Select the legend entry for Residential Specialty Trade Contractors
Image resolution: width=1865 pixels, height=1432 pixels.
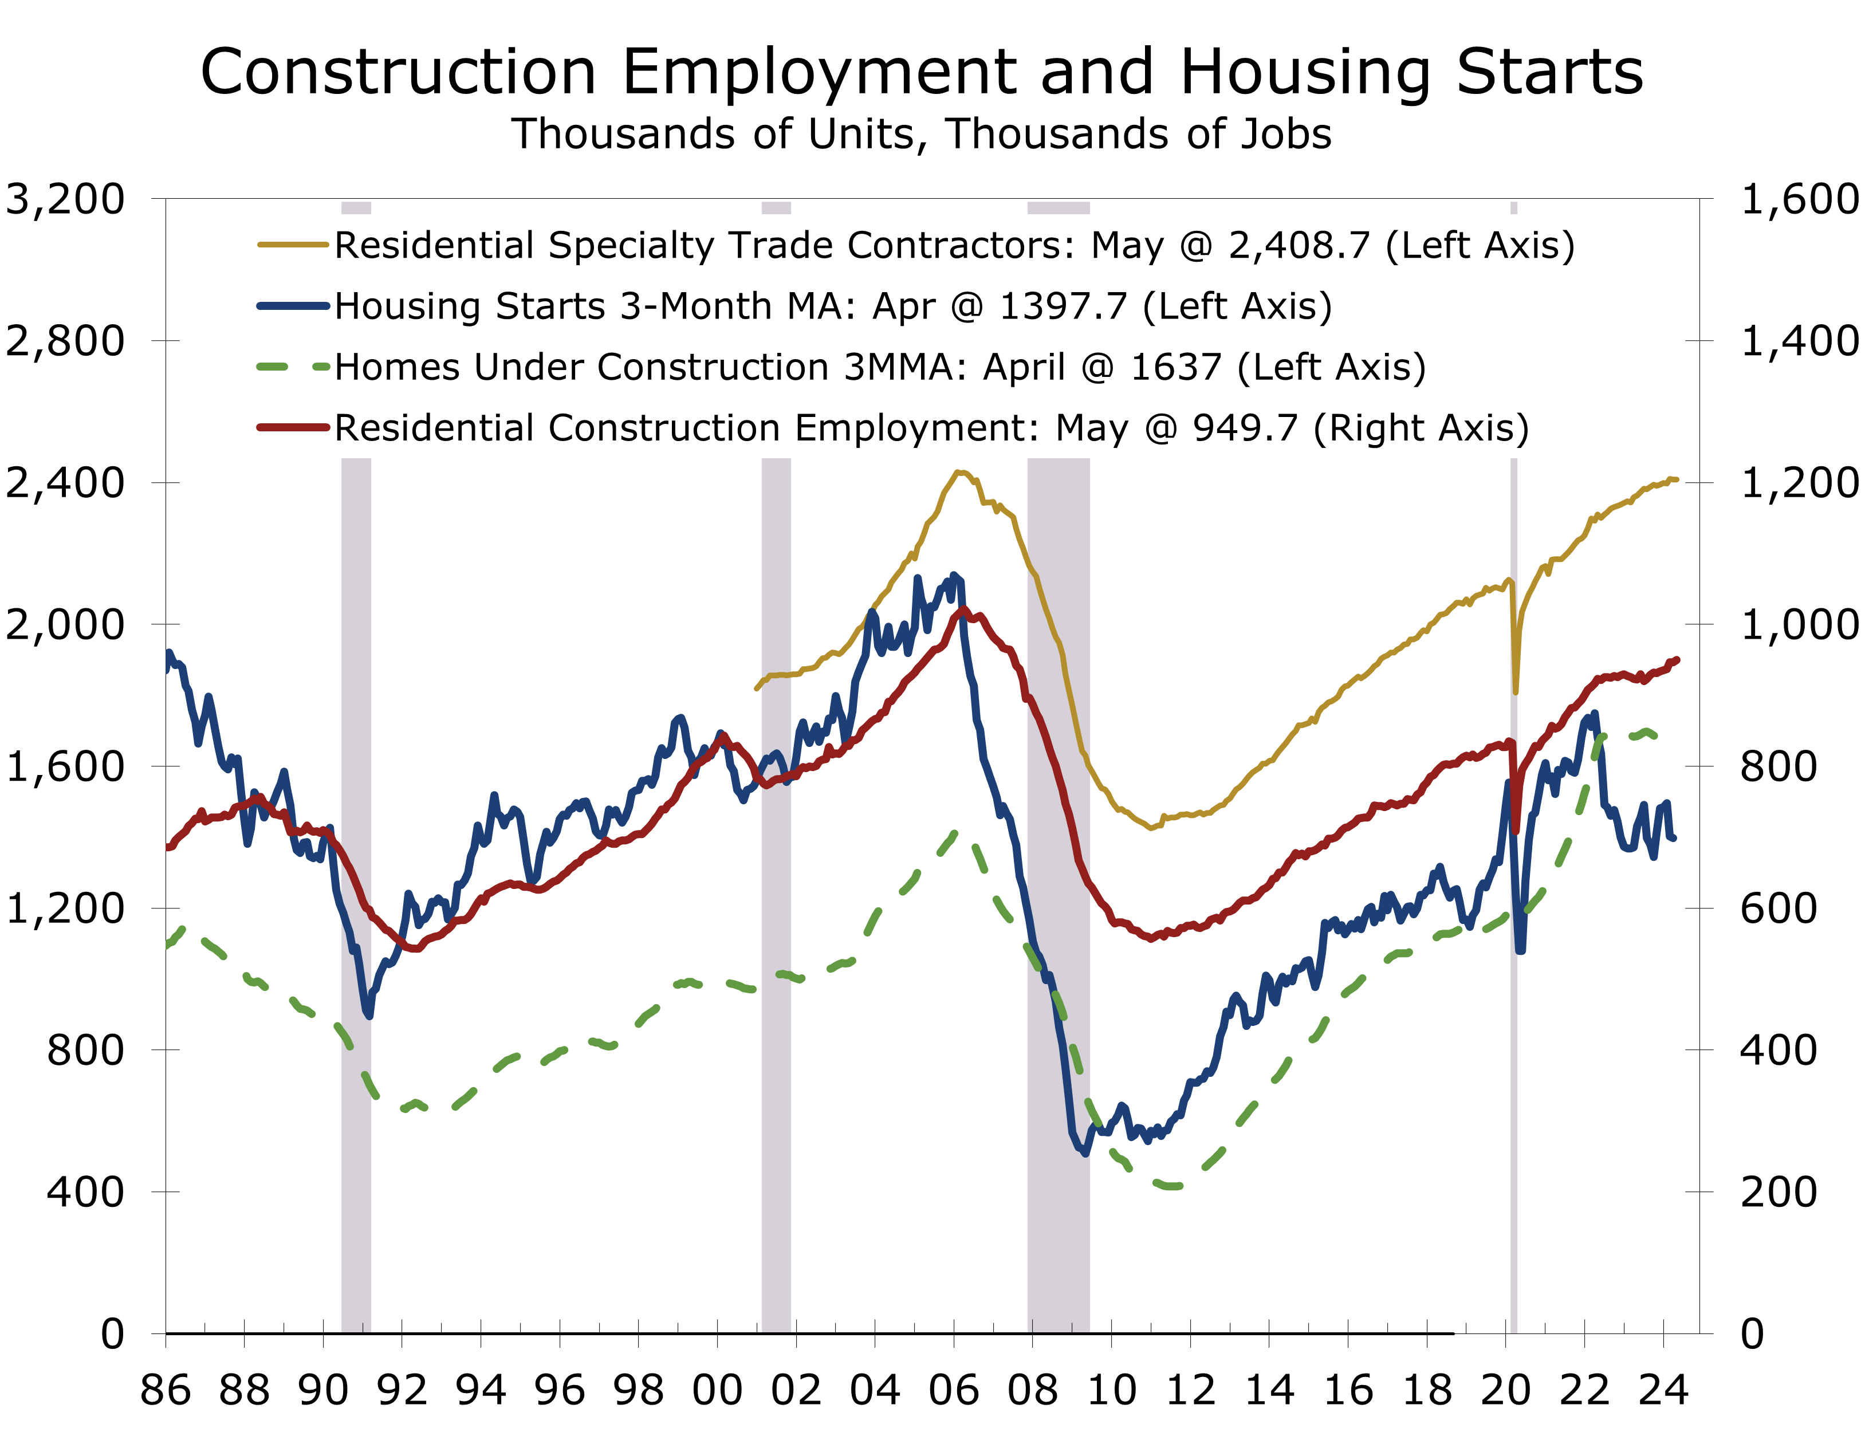(953, 246)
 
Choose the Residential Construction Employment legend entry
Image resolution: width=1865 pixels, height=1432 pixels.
(931, 428)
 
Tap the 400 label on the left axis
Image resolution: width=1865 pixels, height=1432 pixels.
(85, 1191)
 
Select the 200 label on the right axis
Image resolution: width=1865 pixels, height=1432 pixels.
(1778, 1191)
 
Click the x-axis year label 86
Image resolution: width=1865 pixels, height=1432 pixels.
(166, 1390)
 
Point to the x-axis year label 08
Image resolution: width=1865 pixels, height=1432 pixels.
(1032, 1390)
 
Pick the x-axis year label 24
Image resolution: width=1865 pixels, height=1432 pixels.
(1663, 1390)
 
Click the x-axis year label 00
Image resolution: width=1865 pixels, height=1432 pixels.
(717, 1390)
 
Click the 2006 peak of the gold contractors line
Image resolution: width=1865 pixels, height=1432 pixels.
(958, 471)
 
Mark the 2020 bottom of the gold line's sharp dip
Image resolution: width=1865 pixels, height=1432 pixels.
(1516, 691)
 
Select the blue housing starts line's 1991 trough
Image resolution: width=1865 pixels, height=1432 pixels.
(368, 1015)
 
